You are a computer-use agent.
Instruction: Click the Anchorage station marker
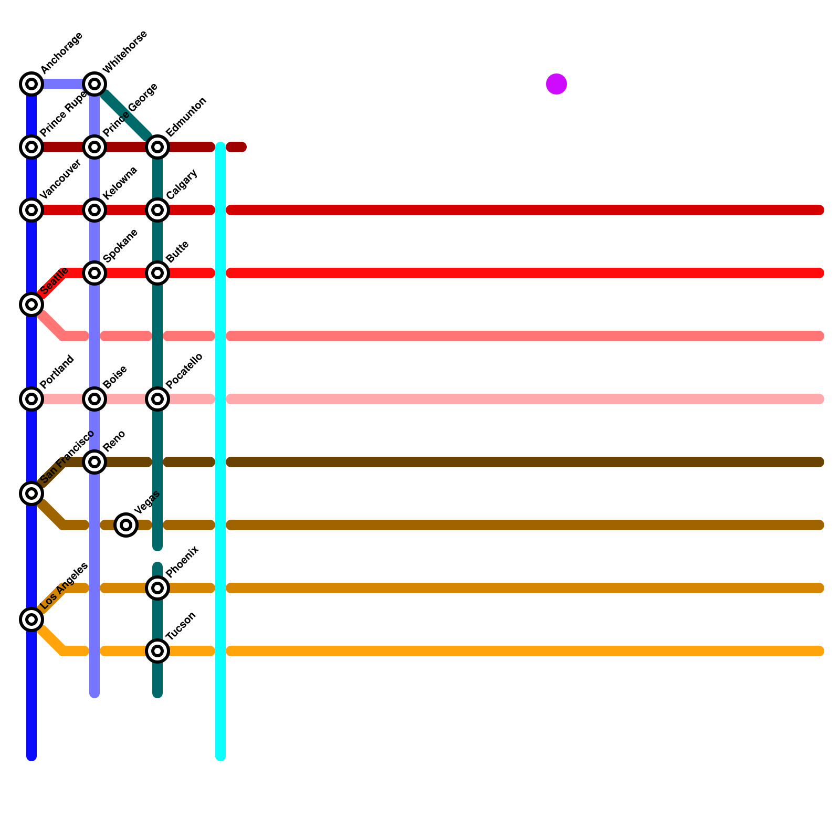point(31,84)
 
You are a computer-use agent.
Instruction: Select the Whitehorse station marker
point(94,84)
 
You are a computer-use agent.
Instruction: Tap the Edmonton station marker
point(157,147)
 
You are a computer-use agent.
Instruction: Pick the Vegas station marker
point(126,525)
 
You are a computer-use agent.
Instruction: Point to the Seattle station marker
point(31,304)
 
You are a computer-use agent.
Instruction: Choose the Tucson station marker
point(157,651)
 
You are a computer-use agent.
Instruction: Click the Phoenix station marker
point(157,588)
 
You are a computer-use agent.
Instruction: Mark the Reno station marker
point(94,462)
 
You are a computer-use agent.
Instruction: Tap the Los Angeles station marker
point(31,619)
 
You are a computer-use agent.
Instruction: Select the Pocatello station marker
point(157,399)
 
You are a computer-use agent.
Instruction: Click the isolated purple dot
point(556,84)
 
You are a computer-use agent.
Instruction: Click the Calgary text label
point(182,184)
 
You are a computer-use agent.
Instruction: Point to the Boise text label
point(115,377)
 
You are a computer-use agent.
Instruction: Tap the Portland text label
point(57,372)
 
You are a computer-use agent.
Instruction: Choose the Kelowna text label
point(120,183)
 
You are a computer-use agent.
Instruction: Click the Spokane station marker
point(94,273)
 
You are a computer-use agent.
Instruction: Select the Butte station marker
point(157,273)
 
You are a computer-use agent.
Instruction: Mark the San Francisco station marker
point(31,493)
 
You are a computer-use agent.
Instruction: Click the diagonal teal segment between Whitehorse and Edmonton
point(126,115)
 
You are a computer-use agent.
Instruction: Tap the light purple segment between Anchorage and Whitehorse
point(63,84)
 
